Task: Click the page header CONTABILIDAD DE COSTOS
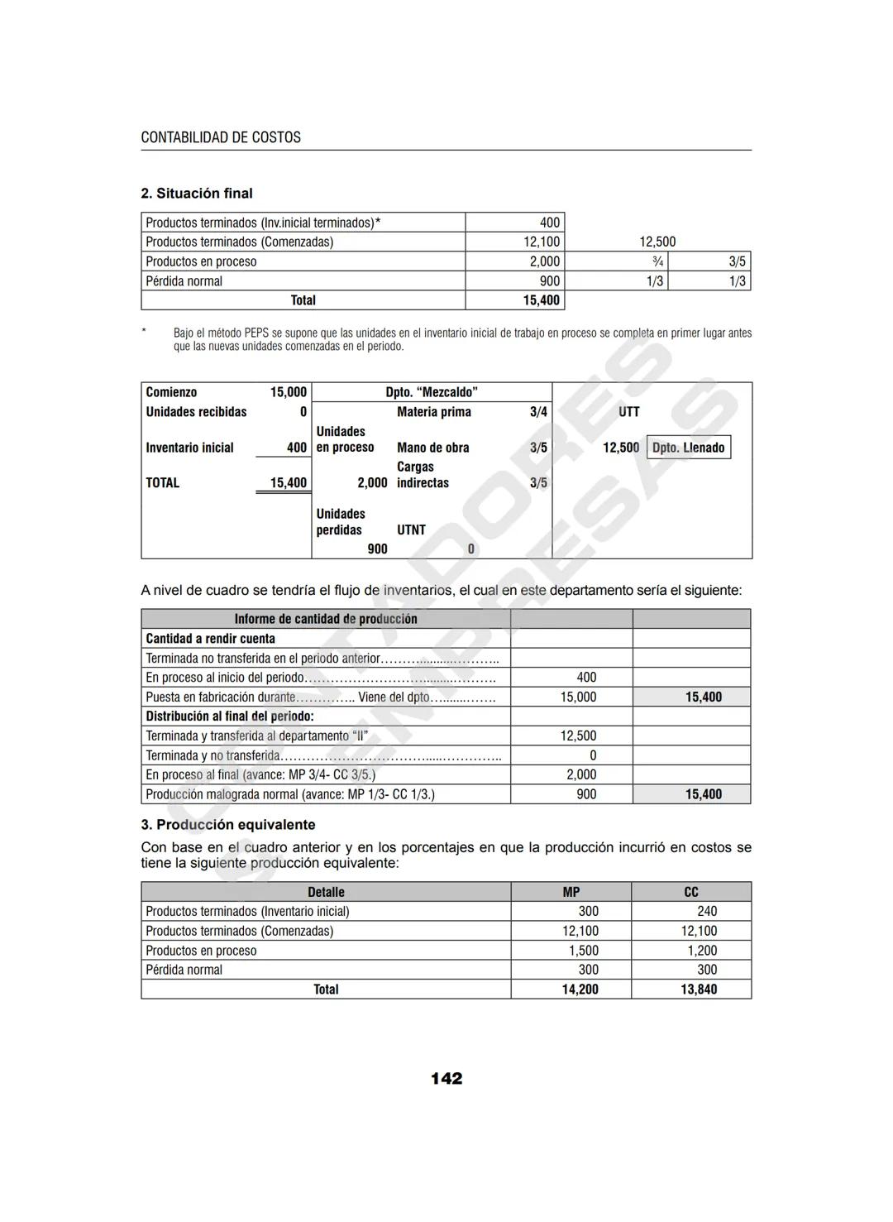(221, 137)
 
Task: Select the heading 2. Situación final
(197, 194)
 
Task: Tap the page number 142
(446, 1078)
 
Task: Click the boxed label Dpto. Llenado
(688, 448)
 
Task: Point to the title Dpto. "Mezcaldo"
(432, 392)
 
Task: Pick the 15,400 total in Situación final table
(541, 300)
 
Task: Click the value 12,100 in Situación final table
(542, 242)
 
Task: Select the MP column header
(571, 892)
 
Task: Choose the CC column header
(691, 892)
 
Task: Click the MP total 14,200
(580, 990)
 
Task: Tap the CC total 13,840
(699, 990)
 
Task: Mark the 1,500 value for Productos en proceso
(583, 951)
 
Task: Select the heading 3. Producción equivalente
(228, 825)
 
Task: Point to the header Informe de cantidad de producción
(326, 619)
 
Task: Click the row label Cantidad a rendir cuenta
(211, 639)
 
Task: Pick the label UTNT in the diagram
(411, 530)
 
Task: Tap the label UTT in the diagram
(628, 412)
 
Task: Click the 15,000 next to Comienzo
(288, 392)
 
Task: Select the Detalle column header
(326, 892)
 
